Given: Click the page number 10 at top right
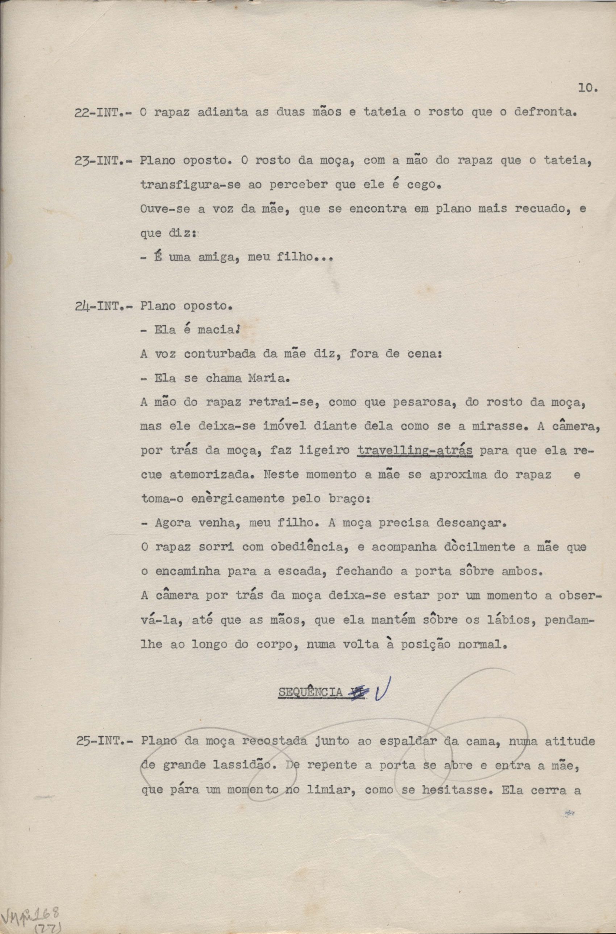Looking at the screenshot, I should [x=587, y=88].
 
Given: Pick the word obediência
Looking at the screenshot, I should [x=311, y=547].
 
